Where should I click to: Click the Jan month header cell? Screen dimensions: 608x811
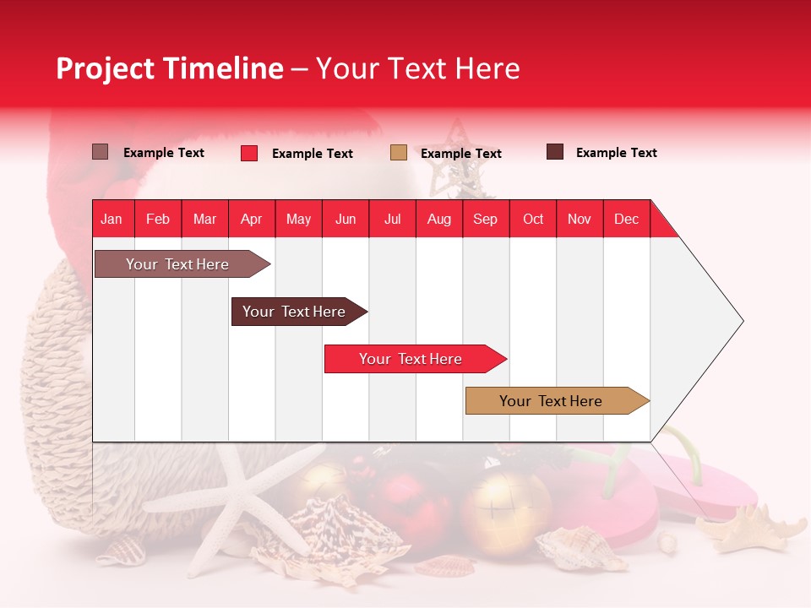[112, 219]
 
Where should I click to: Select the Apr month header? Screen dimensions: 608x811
[252, 219]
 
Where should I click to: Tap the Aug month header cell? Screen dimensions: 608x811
[438, 219]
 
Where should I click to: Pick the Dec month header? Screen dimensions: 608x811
[626, 219]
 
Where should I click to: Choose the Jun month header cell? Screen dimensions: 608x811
[346, 219]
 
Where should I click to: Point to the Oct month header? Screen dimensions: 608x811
[532, 219]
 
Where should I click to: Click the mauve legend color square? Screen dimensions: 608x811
[100, 152]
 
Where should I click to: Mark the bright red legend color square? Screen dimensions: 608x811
[249, 153]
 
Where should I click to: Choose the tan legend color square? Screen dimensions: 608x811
[399, 153]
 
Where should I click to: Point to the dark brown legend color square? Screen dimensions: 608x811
[555, 152]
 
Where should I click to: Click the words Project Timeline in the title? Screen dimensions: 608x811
[169, 68]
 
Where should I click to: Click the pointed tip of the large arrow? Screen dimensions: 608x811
[742, 321]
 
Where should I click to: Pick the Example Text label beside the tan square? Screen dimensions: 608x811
[460, 153]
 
